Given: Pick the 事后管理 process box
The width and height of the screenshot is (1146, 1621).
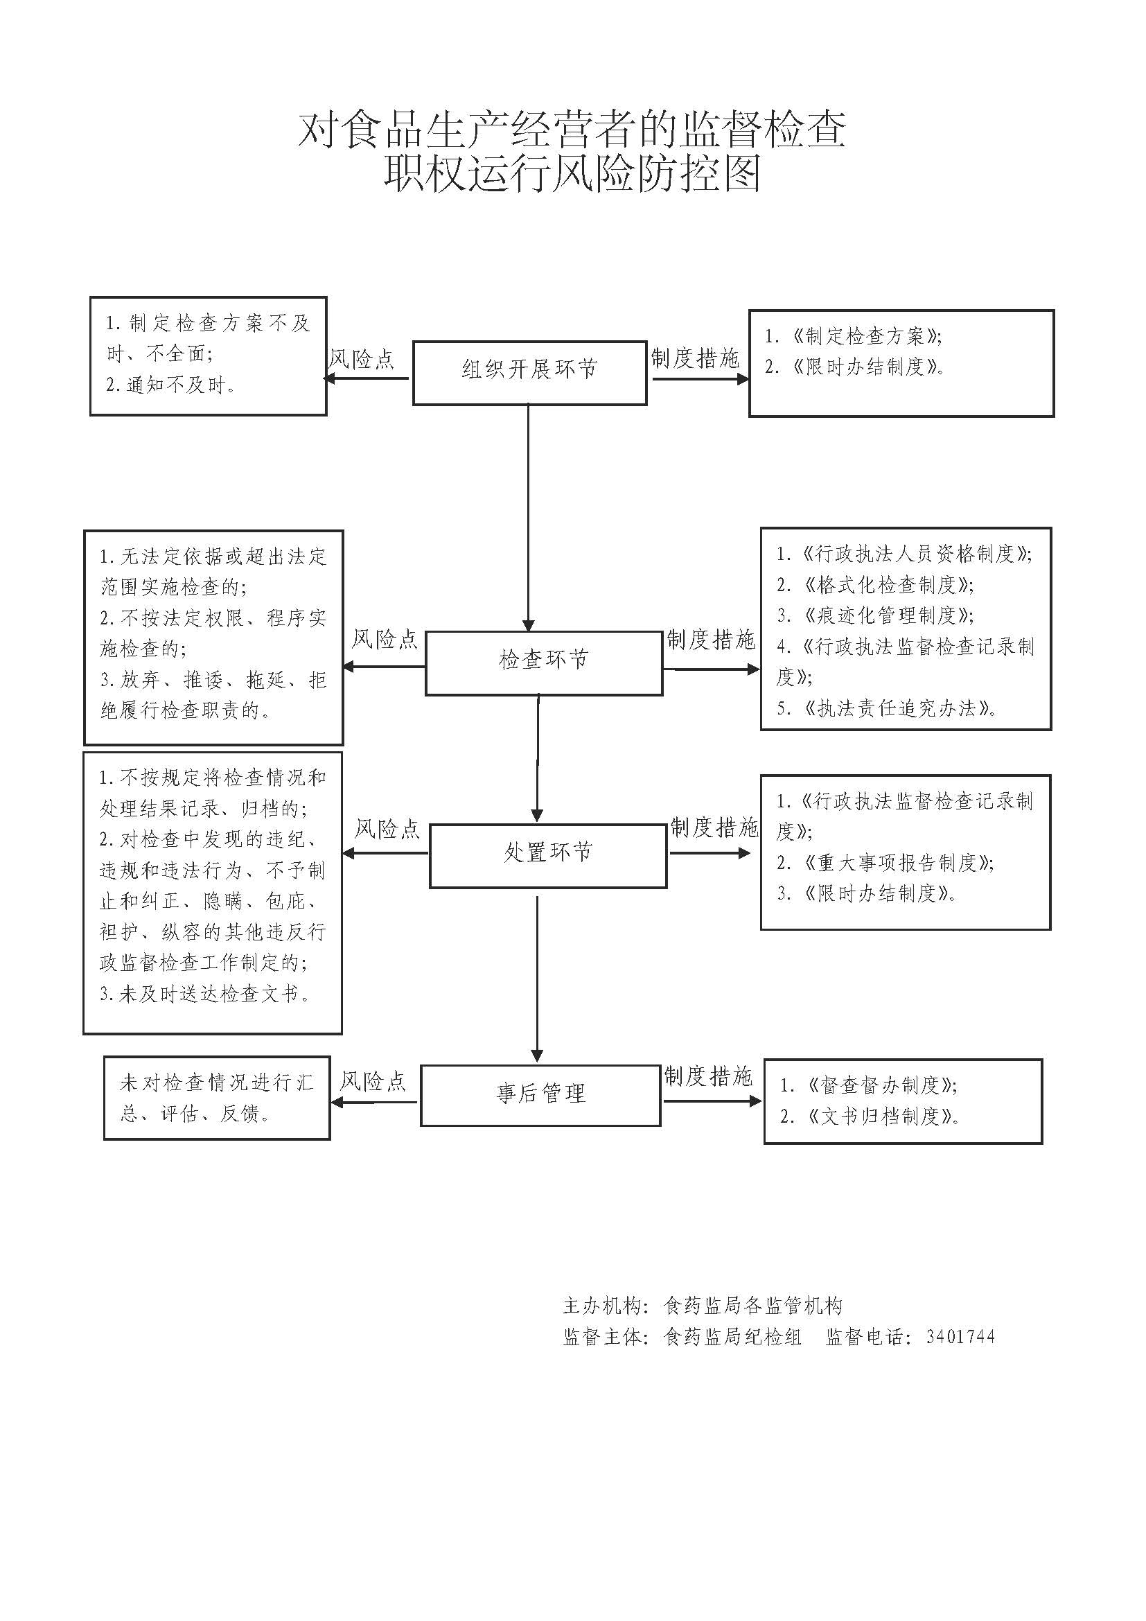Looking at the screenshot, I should click(540, 1094).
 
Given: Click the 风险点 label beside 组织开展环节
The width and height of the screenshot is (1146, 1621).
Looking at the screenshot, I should click(361, 359).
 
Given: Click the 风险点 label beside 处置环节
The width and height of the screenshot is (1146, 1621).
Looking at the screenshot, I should click(387, 828).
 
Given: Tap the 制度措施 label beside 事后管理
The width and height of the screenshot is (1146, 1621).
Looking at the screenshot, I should click(708, 1076).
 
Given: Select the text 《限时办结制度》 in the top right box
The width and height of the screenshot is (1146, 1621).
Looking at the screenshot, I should click(868, 367).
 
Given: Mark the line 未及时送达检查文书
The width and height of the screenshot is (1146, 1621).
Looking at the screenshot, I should click(205, 994).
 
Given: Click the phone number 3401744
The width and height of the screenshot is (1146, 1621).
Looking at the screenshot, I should click(960, 1335).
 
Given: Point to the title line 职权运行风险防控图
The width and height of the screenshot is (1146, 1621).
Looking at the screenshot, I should click(572, 173).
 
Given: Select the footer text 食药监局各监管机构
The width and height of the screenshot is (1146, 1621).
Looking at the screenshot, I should click(753, 1306).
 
